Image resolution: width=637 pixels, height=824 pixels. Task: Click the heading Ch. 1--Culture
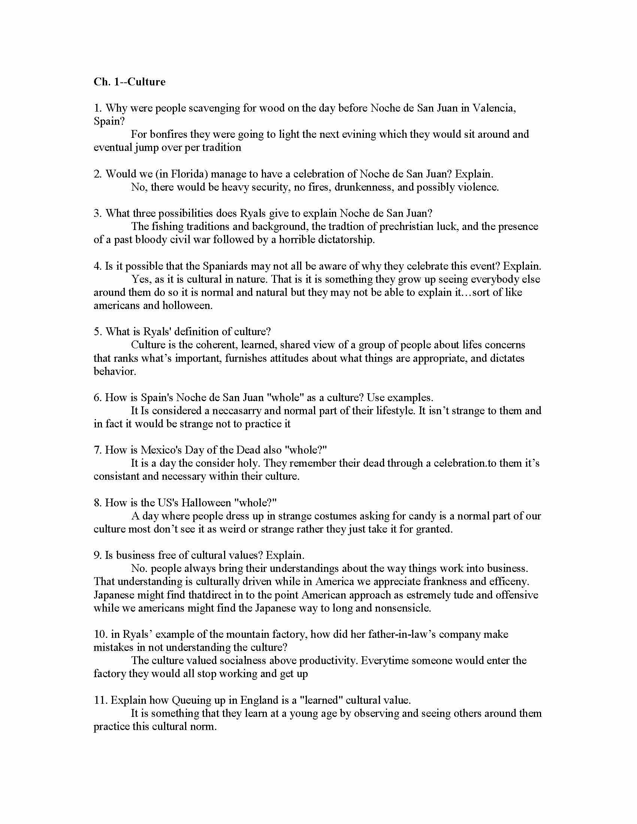[129, 82]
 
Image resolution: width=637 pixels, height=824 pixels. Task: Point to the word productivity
[326, 660]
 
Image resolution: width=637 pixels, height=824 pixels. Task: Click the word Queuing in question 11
[190, 700]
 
